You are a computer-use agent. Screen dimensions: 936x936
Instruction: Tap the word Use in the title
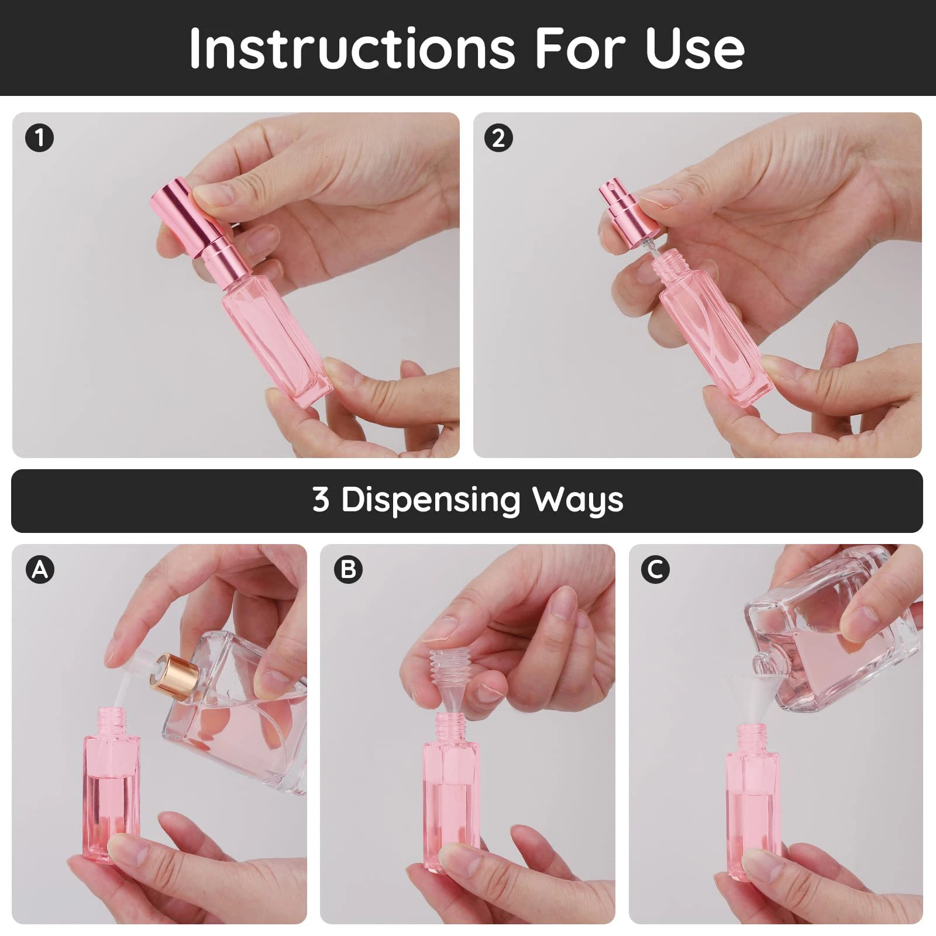(694, 48)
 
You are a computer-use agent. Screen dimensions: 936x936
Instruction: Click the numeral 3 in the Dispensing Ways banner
(321, 500)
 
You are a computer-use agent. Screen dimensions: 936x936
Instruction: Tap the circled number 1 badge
(39, 139)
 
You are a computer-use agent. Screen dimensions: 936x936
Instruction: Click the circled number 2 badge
(498, 139)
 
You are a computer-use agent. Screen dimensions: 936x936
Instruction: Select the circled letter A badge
(40, 569)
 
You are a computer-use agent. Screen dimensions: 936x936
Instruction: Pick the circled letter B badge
(348, 569)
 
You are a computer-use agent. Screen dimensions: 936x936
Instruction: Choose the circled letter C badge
(655, 569)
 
